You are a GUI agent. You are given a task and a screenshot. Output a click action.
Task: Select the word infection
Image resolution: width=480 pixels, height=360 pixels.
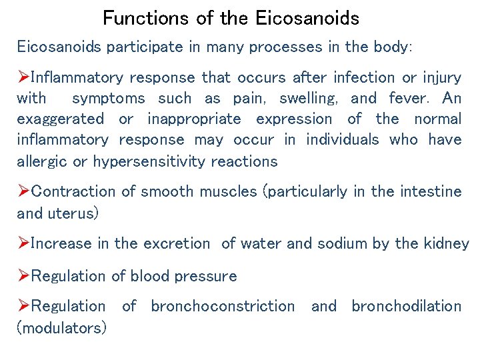(x=363, y=77)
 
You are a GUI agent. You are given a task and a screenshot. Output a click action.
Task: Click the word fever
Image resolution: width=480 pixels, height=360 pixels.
(x=408, y=99)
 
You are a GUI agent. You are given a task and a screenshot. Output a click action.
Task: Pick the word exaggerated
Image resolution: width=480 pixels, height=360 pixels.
(x=60, y=119)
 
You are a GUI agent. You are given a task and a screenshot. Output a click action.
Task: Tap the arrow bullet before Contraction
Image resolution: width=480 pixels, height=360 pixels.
(x=23, y=191)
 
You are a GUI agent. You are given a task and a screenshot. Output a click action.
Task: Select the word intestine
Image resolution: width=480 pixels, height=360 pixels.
(x=429, y=191)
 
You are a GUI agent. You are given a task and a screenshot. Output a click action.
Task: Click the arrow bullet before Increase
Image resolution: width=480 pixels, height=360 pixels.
(x=23, y=243)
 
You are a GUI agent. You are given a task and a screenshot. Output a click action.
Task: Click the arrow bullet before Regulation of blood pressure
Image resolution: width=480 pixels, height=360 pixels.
(x=23, y=276)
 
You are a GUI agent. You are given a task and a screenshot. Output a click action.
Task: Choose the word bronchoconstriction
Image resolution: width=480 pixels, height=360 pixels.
(x=223, y=306)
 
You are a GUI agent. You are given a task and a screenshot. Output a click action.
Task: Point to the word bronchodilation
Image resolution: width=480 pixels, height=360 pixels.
(x=407, y=306)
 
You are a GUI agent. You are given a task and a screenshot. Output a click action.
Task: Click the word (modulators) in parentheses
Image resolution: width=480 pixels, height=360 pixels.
(x=61, y=328)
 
